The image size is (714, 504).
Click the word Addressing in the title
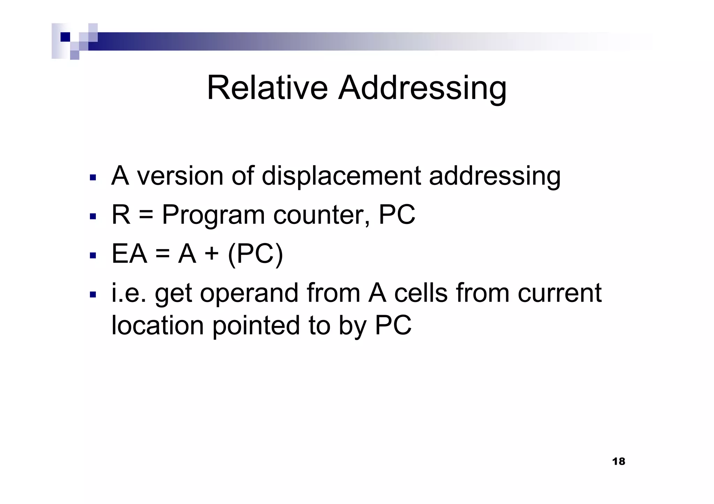[x=423, y=89]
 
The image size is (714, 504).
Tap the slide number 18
[x=618, y=462]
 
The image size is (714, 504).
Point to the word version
[x=180, y=176]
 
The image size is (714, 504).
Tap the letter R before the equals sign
[x=121, y=215]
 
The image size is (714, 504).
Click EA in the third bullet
[x=129, y=254]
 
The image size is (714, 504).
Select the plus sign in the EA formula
[x=212, y=254]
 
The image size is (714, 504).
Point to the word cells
[x=420, y=293]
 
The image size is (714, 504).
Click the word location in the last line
[x=157, y=325]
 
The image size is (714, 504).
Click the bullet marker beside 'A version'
[x=93, y=178]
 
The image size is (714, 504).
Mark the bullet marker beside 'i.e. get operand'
[x=93, y=295]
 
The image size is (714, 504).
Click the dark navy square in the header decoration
[x=65, y=37]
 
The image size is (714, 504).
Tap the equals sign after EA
[x=162, y=254]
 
